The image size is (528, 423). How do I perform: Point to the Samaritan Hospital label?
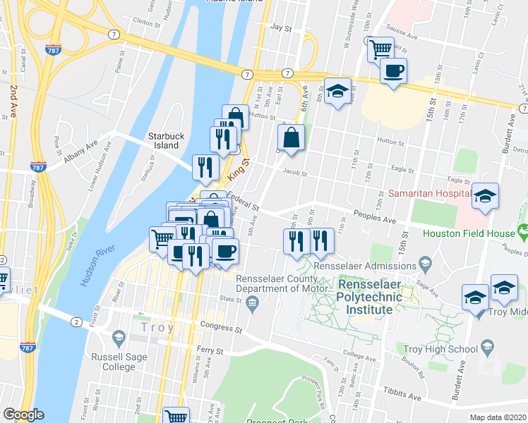(x=430, y=193)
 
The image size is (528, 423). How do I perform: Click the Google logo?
(x=23, y=415)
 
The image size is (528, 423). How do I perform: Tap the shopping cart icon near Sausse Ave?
(x=380, y=49)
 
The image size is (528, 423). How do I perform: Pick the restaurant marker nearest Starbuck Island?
(x=203, y=167)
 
